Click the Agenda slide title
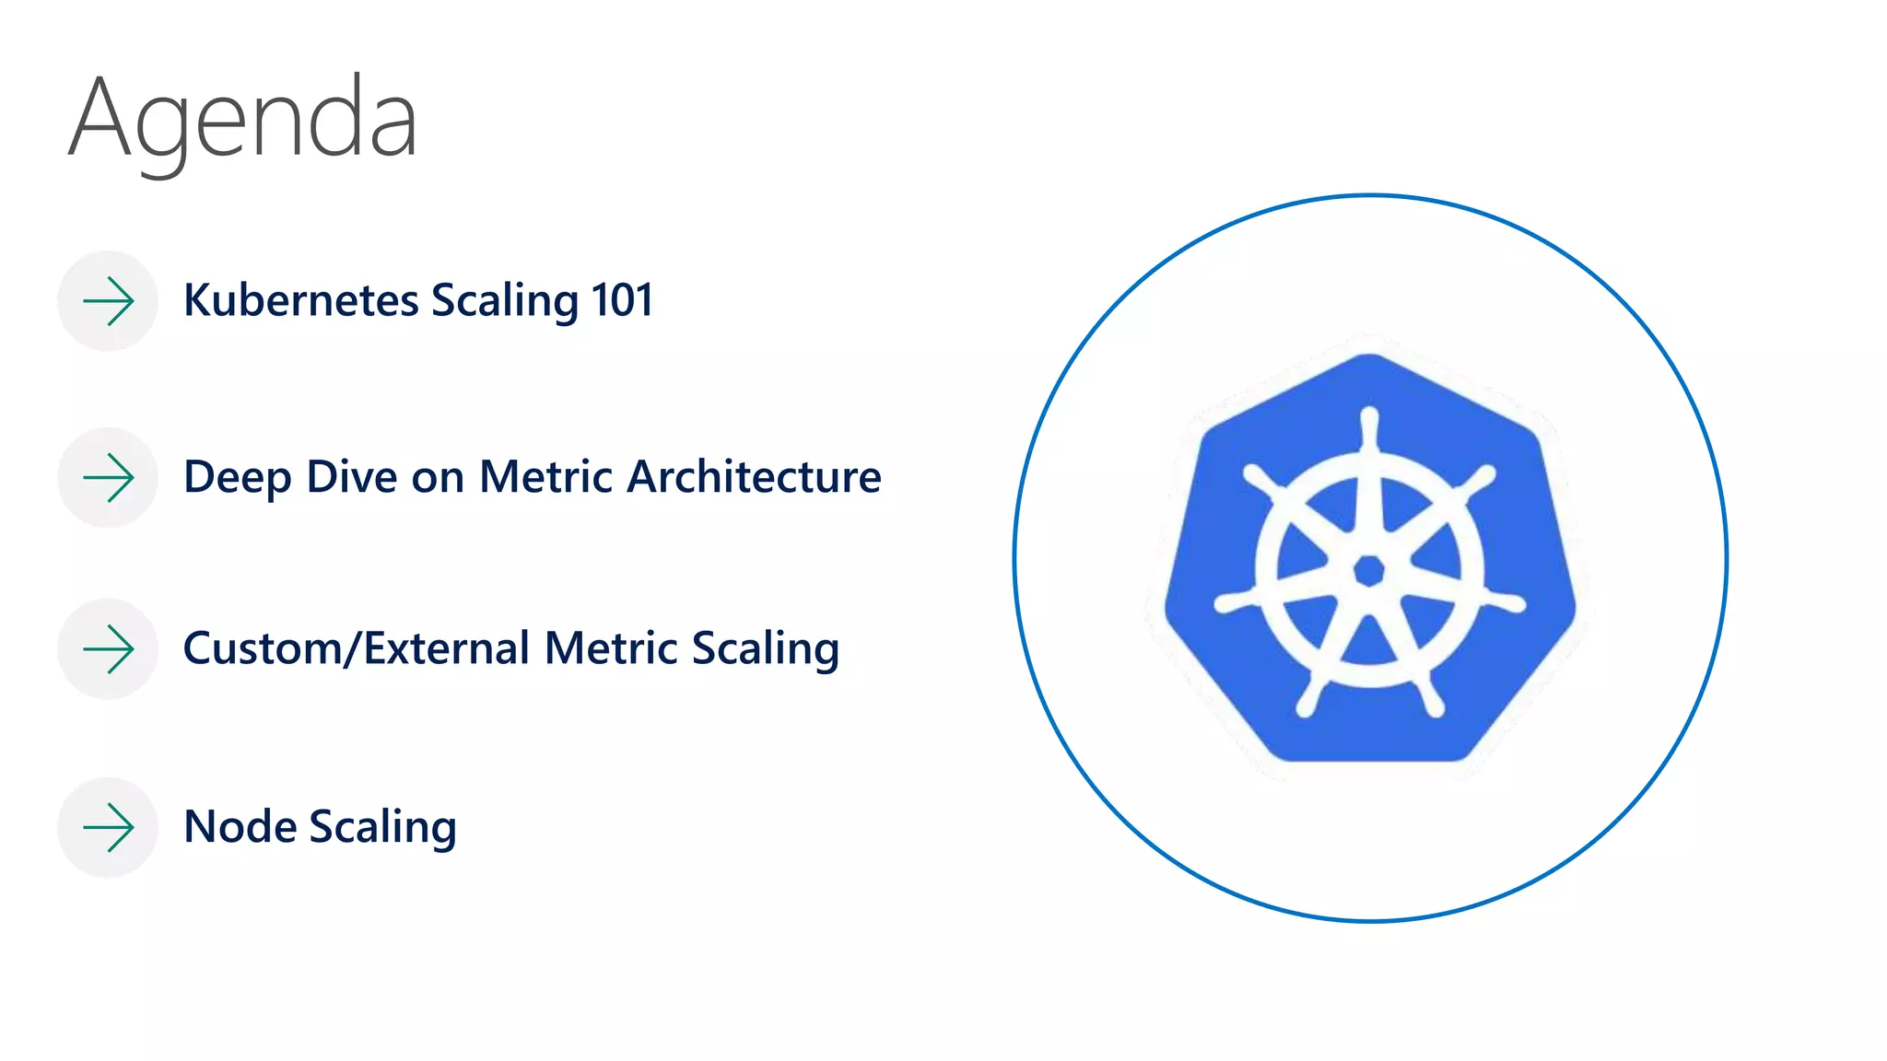[243, 120]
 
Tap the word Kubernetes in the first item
[301, 300]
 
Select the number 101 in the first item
[622, 300]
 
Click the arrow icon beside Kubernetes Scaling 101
[109, 301]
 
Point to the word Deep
[237, 477]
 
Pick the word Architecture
[754, 477]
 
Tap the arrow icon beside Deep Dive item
[109, 478]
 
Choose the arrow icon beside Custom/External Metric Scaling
[109, 649]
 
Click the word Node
[240, 826]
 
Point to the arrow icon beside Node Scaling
[109, 827]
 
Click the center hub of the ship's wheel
[1369, 571]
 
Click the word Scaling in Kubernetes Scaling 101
[505, 302]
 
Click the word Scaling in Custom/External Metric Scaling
[766, 650]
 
